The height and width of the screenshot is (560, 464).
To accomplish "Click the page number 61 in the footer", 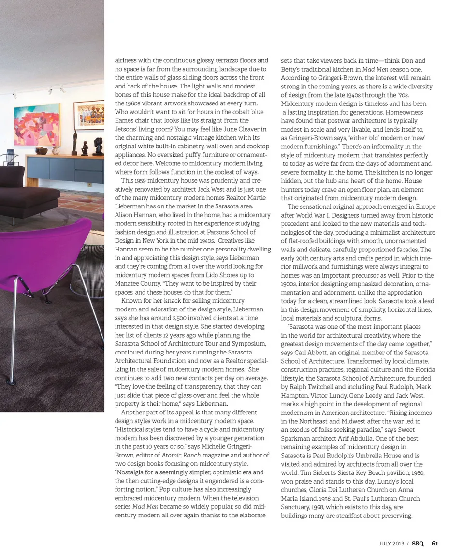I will pos(435,543).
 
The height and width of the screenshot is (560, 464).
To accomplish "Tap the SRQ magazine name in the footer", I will pos(418,543).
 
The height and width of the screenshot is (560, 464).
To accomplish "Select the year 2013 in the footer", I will pos(398,544).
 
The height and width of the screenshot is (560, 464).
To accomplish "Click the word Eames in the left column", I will pos(124,120).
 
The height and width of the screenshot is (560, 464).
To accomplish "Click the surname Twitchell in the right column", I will pos(331,387).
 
